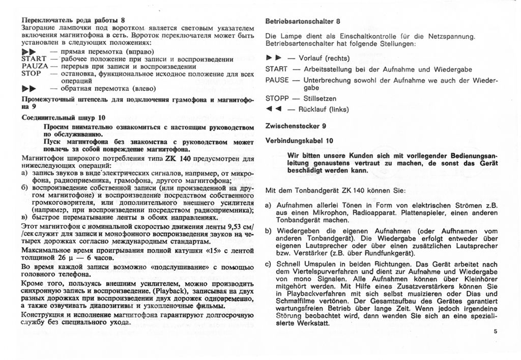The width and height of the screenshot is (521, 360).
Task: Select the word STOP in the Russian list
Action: pos(31,73)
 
